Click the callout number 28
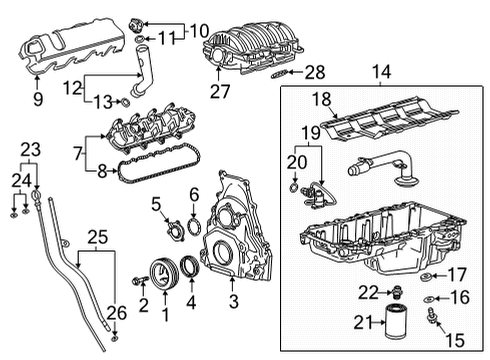coord(316,71)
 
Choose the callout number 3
coord(233,300)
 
